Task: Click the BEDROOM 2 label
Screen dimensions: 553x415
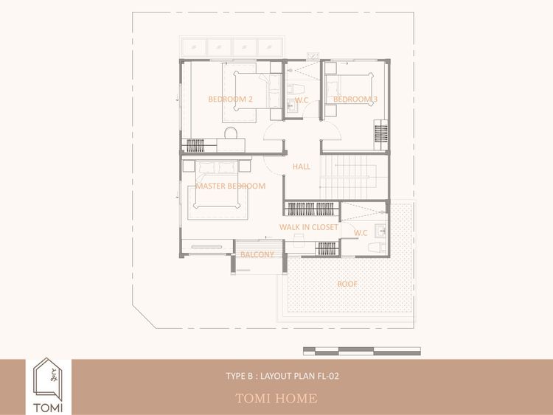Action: (x=230, y=99)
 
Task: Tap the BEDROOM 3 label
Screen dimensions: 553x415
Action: (x=355, y=99)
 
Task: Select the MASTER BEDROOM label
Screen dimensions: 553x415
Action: (x=231, y=186)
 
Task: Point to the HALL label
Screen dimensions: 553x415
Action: (x=302, y=167)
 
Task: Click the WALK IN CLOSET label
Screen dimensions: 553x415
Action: (x=309, y=227)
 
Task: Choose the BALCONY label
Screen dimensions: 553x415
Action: (x=257, y=254)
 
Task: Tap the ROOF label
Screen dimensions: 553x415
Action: (x=347, y=284)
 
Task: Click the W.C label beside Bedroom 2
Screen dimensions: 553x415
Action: (x=302, y=100)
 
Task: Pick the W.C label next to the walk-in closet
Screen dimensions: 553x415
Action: (x=361, y=233)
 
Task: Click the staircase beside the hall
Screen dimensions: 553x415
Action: (x=354, y=177)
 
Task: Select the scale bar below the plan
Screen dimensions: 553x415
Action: (x=362, y=351)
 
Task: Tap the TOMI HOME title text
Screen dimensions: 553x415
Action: (x=276, y=399)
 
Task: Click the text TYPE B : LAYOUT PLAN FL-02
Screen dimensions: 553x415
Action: (x=282, y=376)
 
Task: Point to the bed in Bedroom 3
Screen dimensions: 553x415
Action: (x=349, y=89)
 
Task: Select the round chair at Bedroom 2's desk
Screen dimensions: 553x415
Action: (x=231, y=133)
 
